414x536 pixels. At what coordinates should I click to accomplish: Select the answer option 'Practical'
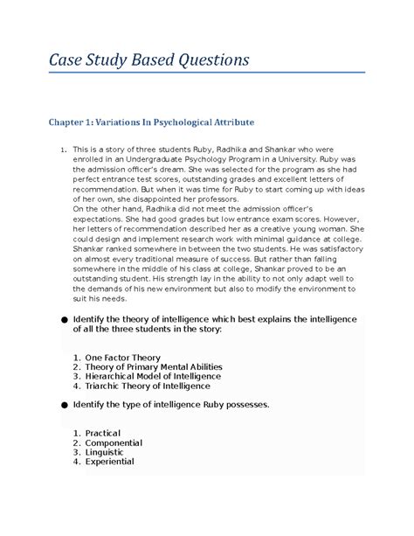pyautogui.click(x=102, y=434)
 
